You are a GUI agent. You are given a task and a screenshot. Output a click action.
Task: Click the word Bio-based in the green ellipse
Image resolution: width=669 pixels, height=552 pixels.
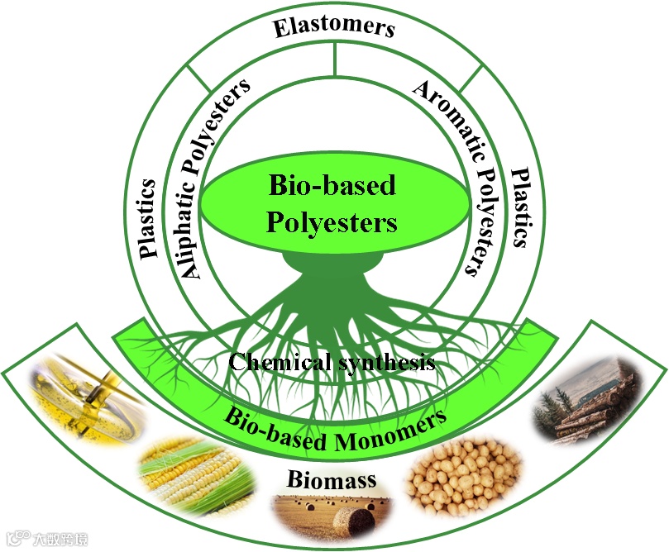click(x=332, y=185)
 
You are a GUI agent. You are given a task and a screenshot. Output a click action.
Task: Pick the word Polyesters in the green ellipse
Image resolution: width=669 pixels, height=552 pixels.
click(x=332, y=222)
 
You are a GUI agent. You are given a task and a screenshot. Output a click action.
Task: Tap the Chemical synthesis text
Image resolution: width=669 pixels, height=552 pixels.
click(x=332, y=362)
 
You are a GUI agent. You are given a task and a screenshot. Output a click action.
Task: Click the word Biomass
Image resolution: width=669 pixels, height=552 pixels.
click(x=332, y=479)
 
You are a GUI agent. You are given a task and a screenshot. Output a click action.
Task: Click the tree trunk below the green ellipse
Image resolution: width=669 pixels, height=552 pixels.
click(x=332, y=273)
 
